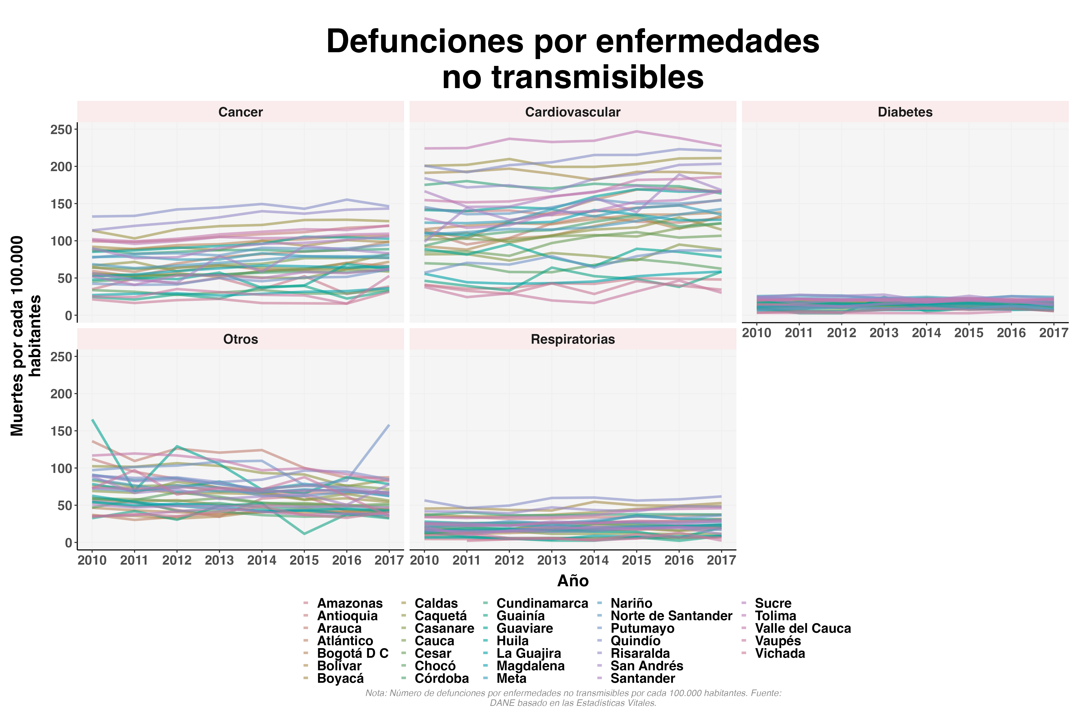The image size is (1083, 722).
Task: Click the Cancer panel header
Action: click(x=240, y=112)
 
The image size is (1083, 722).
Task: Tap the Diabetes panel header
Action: click(x=905, y=112)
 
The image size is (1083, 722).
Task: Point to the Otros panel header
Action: click(x=240, y=339)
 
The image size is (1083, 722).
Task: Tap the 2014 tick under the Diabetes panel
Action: click(x=926, y=333)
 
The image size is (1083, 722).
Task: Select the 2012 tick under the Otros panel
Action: click(x=177, y=560)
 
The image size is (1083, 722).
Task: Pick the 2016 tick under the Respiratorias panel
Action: click(x=679, y=560)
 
